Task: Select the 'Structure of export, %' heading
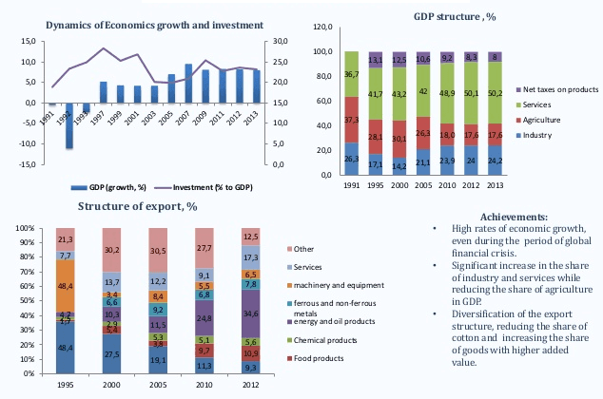pos(137,205)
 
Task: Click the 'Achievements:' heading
pos(514,218)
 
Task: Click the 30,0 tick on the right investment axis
pos(280,42)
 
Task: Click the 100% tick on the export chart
pos(25,229)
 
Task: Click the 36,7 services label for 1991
pos(352,74)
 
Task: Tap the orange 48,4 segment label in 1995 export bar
pos(66,285)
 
